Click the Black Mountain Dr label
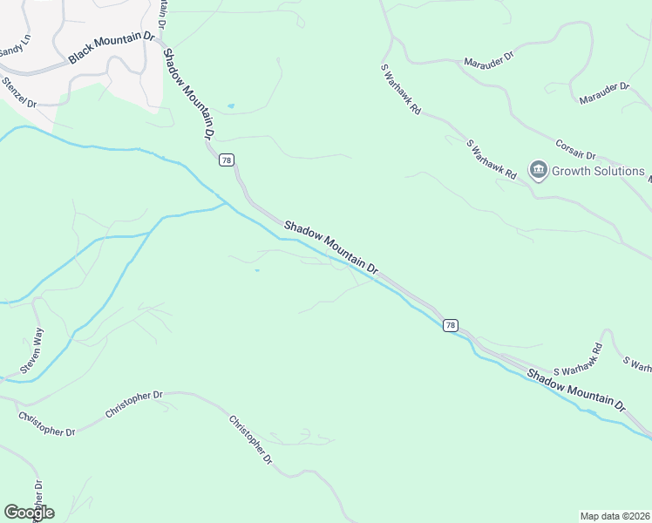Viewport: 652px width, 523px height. (x=111, y=49)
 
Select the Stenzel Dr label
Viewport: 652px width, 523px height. (x=19, y=92)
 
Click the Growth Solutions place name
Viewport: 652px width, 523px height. (x=598, y=171)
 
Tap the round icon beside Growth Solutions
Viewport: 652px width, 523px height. (x=539, y=170)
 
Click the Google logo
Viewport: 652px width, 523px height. (x=29, y=512)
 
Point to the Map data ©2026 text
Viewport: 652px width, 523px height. (x=615, y=516)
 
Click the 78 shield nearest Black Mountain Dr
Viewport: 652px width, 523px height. (x=227, y=160)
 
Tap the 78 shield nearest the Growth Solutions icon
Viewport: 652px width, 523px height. (x=450, y=325)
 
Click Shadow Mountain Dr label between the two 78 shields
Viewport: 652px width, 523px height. (x=331, y=247)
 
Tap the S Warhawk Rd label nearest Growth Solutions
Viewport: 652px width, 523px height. (x=492, y=160)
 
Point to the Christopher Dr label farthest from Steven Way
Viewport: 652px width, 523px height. (x=252, y=439)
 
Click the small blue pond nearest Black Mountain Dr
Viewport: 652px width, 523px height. (x=231, y=106)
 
